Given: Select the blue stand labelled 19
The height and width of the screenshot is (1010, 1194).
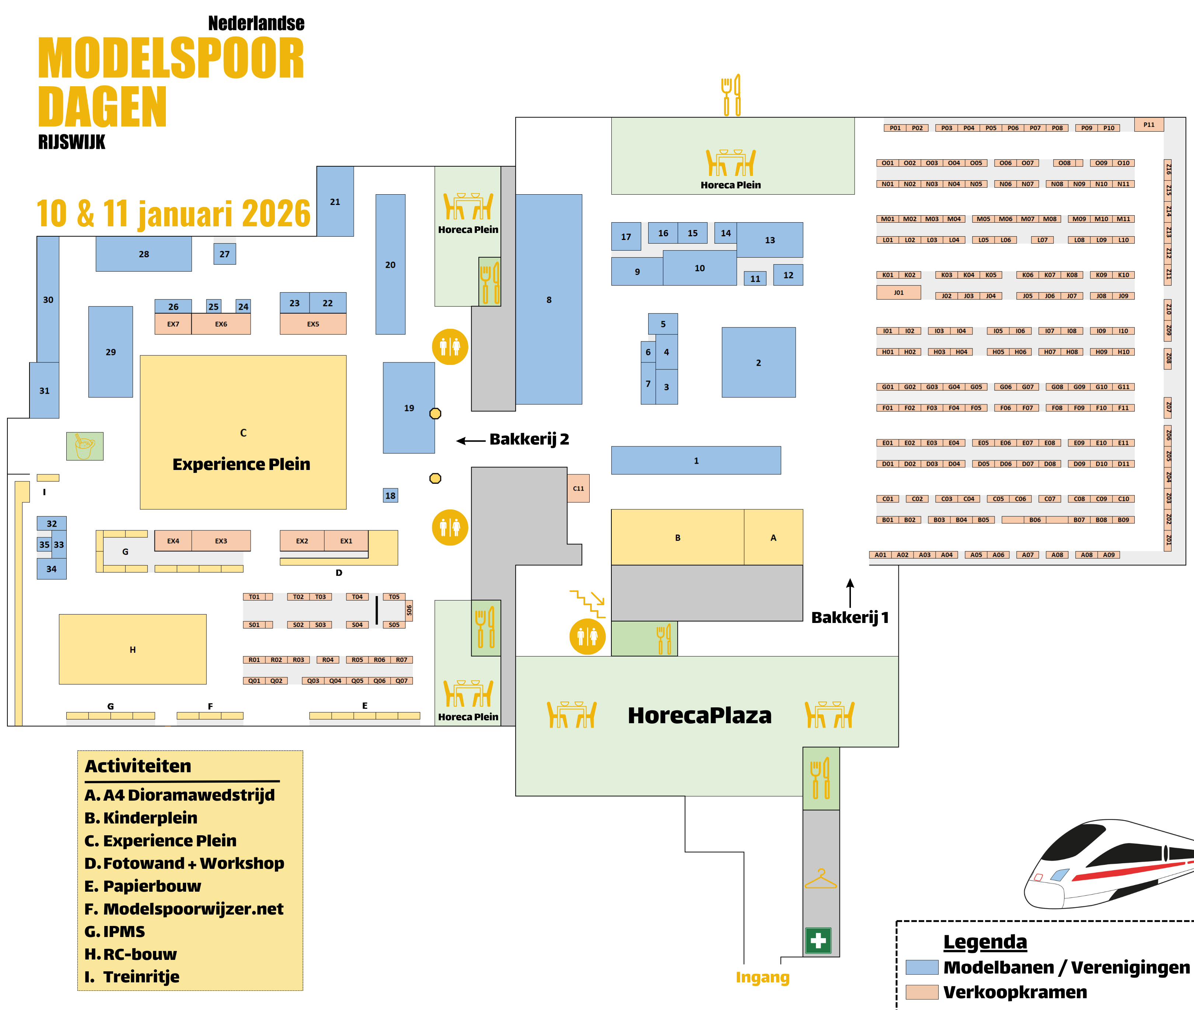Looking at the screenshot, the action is (x=409, y=408).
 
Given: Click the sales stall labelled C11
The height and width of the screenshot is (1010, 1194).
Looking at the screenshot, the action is (x=578, y=488).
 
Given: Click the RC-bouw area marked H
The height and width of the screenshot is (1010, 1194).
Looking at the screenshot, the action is (x=132, y=649).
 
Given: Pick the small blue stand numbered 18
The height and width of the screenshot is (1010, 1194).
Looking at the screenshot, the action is (x=390, y=495).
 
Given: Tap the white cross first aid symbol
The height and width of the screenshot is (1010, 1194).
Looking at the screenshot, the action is (x=818, y=940).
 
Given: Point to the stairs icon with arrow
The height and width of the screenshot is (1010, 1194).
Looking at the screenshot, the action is (x=587, y=603).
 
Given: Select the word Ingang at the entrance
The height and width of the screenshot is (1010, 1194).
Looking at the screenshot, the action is (x=762, y=977).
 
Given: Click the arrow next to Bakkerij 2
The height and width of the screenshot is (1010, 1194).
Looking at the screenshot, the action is (x=471, y=440).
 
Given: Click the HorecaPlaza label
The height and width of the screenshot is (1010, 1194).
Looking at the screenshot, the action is (x=699, y=715).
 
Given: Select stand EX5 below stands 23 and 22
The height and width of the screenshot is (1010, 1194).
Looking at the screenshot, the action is (x=313, y=324).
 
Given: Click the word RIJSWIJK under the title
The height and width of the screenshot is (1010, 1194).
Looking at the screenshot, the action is (x=71, y=142).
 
